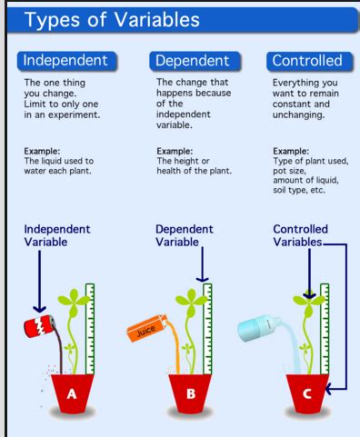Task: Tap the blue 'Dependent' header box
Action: (x=192, y=60)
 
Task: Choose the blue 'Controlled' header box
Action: (x=306, y=60)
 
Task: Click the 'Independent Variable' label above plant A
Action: (x=57, y=235)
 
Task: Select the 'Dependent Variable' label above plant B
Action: (x=185, y=235)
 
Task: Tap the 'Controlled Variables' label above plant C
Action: (x=301, y=235)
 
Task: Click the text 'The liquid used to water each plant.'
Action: (x=57, y=165)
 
